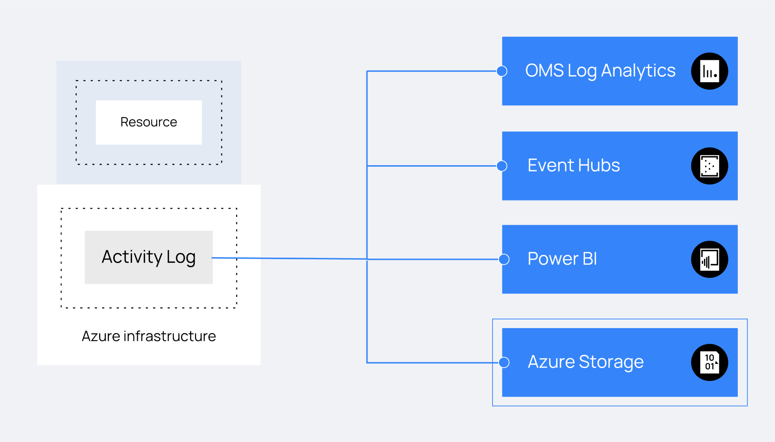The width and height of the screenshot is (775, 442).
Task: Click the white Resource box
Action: (x=149, y=122)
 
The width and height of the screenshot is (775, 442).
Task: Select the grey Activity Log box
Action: (x=148, y=257)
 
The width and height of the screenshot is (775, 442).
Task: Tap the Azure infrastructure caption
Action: (x=149, y=336)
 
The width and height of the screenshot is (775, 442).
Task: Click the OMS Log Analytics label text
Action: (x=600, y=71)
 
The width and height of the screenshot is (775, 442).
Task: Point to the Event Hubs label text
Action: (x=574, y=165)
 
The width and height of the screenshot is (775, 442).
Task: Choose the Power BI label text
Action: (x=562, y=259)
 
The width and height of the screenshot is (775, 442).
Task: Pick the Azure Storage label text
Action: (x=586, y=362)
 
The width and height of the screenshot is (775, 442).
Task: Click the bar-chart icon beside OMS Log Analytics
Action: (x=710, y=71)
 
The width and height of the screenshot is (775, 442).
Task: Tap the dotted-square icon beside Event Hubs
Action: (x=710, y=166)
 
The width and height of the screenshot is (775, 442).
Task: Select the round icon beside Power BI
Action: (x=710, y=259)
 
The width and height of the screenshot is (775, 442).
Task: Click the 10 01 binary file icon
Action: (x=710, y=363)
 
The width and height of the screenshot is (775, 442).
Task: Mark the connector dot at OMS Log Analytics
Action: (x=502, y=71)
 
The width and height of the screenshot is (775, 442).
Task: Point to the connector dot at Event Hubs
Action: (x=502, y=166)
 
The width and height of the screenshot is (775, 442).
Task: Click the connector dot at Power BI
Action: (x=504, y=259)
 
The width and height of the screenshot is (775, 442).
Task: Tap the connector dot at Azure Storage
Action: (x=504, y=363)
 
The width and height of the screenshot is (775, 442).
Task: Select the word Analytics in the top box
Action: (x=638, y=71)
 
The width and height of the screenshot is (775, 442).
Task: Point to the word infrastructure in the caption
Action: (x=170, y=336)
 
